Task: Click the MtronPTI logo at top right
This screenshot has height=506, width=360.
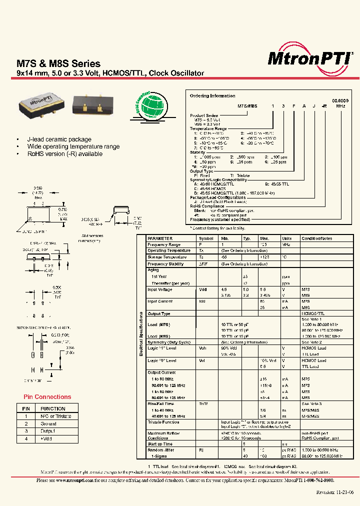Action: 309,58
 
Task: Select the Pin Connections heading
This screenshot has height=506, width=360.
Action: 47,397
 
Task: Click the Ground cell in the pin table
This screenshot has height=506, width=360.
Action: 48,423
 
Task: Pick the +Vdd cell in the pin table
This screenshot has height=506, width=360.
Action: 47,438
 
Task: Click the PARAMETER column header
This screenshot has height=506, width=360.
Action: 160,238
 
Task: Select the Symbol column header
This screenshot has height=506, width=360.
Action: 206,238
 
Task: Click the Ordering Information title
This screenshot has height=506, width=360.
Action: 212,95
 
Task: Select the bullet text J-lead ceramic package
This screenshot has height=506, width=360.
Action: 59,139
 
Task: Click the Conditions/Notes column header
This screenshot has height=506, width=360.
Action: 316,238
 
